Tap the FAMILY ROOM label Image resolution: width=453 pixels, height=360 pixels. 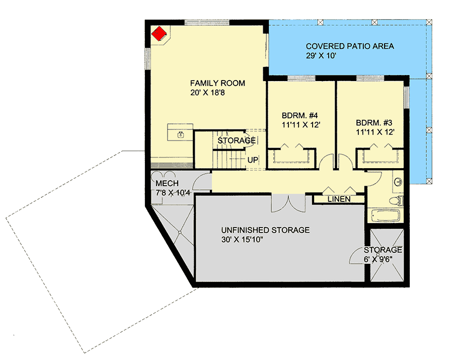217,83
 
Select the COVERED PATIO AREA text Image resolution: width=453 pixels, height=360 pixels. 350,46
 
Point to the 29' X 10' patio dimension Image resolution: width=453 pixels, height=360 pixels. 320,56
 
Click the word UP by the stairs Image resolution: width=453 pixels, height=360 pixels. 253,160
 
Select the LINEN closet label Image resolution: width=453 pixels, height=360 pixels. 339,199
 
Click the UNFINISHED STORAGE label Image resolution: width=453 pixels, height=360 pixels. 265,230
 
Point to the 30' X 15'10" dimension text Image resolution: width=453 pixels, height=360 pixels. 250,240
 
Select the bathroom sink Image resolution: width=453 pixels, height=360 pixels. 398,182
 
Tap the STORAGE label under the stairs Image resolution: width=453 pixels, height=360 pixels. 236,140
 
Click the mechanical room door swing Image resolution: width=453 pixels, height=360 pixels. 202,181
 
